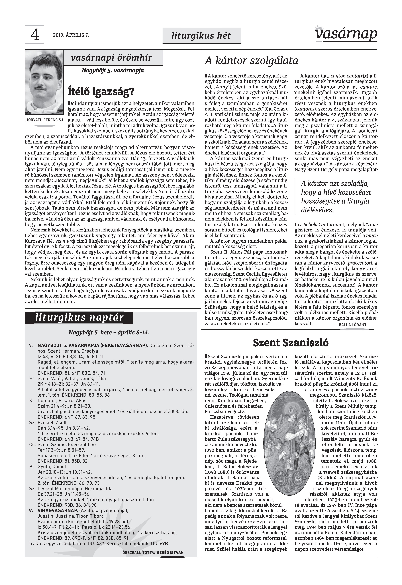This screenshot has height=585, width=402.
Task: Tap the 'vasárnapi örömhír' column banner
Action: [112, 58]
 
